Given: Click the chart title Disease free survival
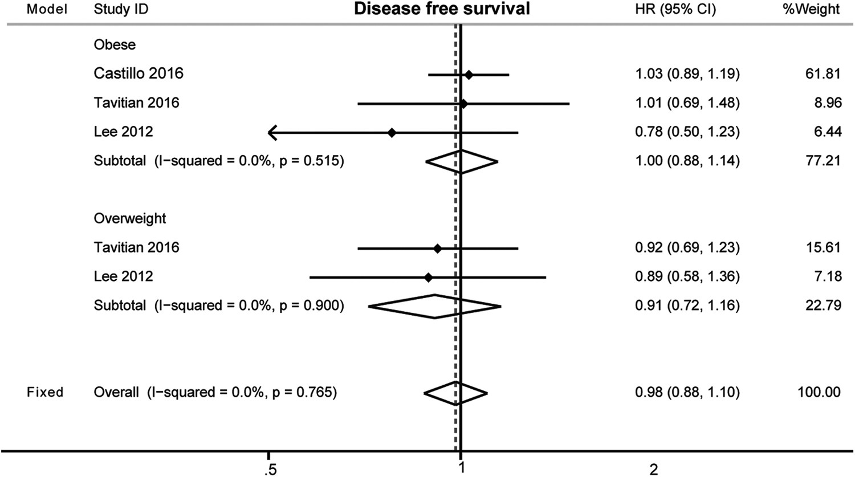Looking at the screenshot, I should click(x=442, y=9).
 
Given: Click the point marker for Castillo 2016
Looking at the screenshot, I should click(x=469, y=75).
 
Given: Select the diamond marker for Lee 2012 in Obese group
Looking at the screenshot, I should click(x=392, y=133).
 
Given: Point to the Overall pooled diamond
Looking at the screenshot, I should click(x=456, y=393).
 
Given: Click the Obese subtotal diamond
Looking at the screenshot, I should click(x=461, y=162).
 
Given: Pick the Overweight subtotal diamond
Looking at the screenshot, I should click(x=435, y=307).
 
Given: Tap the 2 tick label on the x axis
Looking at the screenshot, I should click(x=653, y=468).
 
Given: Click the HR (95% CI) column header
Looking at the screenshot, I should click(x=675, y=10).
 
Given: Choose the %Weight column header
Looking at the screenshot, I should click(x=811, y=10).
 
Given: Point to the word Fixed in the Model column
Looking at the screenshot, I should click(x=45, y=392).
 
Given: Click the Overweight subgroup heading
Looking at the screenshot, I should click(x=130, y=219).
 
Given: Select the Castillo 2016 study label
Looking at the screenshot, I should click(x=139, y=74).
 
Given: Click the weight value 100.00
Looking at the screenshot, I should click(x=820, y=392).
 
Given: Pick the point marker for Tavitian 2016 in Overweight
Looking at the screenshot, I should click(x=437, y=248).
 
